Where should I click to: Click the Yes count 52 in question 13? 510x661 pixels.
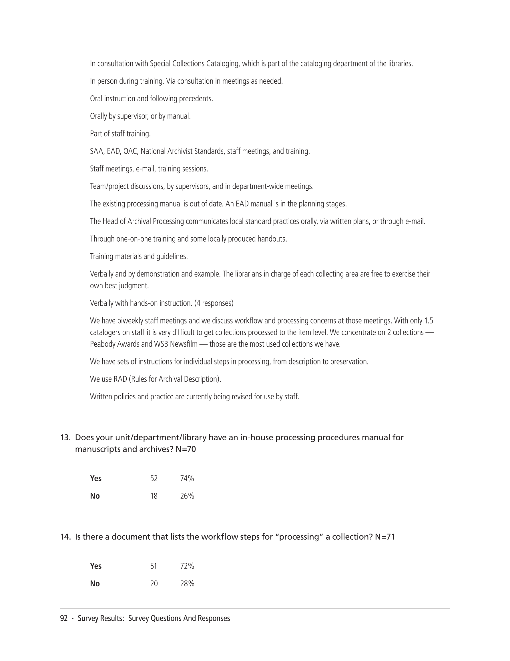coord(154,478)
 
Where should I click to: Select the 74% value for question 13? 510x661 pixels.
coord(187,478)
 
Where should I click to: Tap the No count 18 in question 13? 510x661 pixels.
coord(154,496)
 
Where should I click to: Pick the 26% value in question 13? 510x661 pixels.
coord(187,496)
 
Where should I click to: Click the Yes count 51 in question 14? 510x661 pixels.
coord(154,566)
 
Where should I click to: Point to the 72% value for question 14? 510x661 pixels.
coord(187,566)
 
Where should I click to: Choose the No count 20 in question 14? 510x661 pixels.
coord(154,584)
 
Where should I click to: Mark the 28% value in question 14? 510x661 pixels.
coord(187,584)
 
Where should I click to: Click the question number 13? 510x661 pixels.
coord(65,438)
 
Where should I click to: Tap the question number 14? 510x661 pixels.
coord(65,537)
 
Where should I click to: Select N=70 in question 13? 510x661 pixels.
coord(186,449)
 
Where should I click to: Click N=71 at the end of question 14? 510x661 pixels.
coord(385,537)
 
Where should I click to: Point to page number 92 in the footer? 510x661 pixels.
coord(64,619)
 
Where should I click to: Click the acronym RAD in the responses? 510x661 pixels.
coord(120,379)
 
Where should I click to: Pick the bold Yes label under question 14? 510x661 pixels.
coord(95,566)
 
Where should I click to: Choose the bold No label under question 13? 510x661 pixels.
coord(95,496)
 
